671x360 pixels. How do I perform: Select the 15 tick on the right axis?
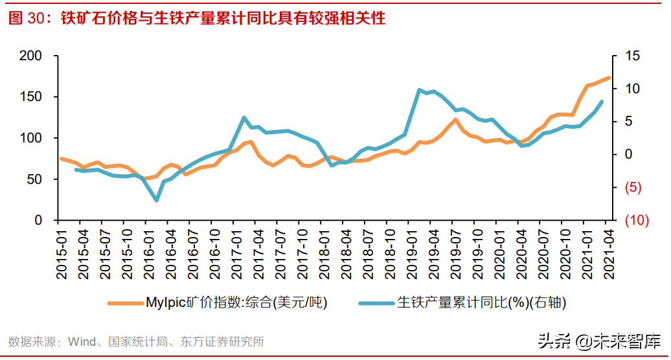pos(632,56)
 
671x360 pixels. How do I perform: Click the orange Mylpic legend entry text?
pos(236,302)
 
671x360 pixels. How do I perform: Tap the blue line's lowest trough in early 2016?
pos(157,201)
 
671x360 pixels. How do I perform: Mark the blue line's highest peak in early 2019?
pos(419,89)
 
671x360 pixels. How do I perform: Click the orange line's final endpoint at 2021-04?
pos(609,78)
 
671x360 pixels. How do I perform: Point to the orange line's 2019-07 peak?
pos(455,119)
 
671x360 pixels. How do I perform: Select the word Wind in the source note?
pos(82,341)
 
